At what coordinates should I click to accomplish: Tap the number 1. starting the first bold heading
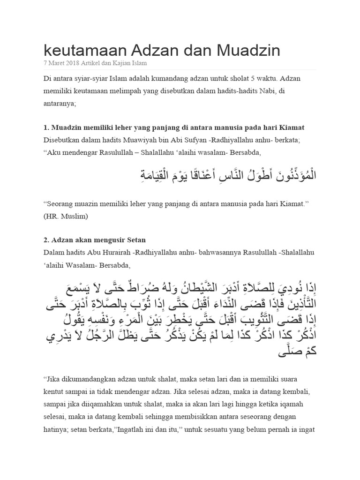pos(46,127)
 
